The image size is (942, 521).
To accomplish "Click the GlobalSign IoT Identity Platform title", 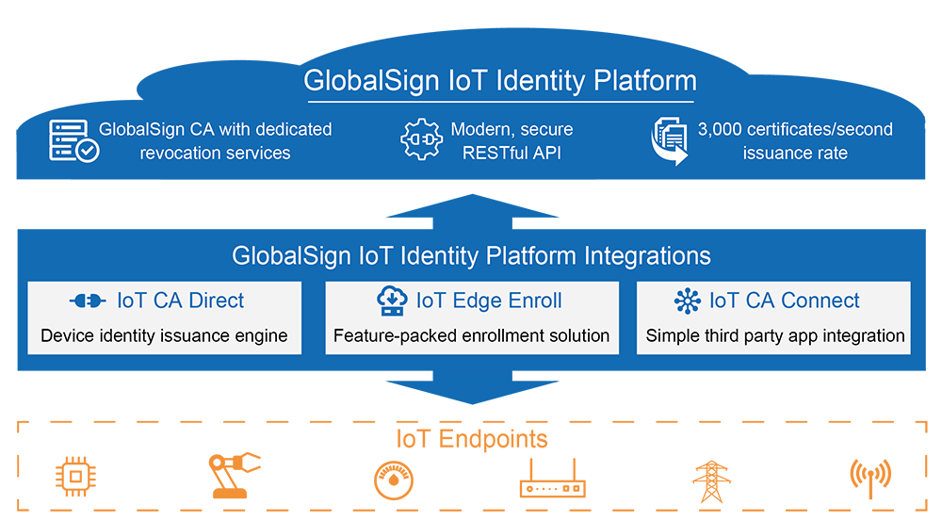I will [499, 81].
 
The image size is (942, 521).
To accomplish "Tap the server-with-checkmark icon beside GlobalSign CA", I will [73, 140].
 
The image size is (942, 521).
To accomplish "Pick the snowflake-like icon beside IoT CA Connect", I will [688, 301].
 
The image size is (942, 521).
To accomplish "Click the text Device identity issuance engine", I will [164, 335].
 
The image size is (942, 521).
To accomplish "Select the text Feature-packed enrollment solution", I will [471, 335].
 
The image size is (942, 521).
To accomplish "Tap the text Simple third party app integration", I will [774, 335].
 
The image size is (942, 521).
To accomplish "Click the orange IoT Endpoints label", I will [471, 439].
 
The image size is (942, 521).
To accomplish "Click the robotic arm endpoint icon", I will [232, 476].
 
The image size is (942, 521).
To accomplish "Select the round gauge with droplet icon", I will [392, 479].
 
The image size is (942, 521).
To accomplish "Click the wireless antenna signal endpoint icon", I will [869, 479].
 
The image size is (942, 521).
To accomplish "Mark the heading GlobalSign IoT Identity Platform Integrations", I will [471, 256].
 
